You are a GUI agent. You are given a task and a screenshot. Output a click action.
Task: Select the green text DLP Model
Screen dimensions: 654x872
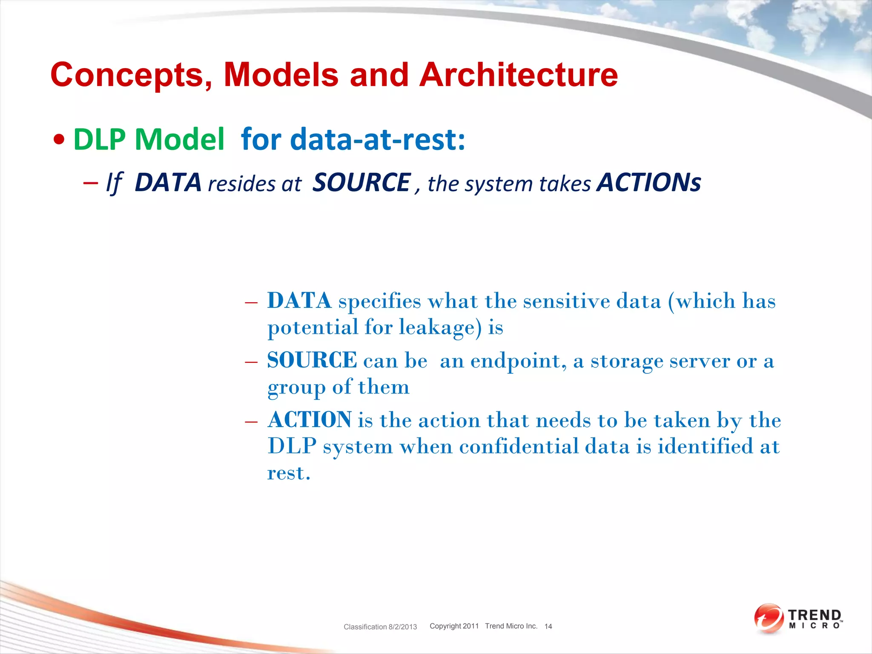(x=149, y=139)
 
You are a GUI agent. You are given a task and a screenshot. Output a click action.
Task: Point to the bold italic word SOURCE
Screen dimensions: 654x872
(x=361, y=183)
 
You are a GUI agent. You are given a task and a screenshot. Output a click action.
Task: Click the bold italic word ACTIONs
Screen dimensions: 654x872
(x=648, y=183)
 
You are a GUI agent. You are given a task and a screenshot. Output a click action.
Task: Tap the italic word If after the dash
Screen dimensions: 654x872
(x=114, y=184)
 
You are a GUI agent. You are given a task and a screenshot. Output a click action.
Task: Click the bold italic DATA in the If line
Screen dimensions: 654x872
(x=168, y=183)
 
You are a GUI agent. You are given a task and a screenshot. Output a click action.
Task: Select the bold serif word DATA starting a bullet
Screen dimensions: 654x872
(x=299, y=301)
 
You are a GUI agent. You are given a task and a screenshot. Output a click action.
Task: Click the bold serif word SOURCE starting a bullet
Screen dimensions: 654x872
(x=312, y=360)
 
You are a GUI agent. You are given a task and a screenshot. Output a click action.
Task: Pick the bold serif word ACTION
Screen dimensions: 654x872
(x=310, y=420)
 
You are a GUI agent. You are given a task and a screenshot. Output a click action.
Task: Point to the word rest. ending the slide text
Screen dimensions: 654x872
(x=289, y=473)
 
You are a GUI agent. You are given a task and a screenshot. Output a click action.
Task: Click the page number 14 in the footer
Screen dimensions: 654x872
(x=548, y=626)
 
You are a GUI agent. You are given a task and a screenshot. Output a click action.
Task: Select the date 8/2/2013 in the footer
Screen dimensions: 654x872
(x=402, y=627)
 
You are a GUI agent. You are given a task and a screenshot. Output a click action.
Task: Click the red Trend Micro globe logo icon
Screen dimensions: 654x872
(x=768, y=618)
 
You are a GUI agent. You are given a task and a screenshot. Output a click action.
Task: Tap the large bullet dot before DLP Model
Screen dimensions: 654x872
(x=60, y=140)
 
